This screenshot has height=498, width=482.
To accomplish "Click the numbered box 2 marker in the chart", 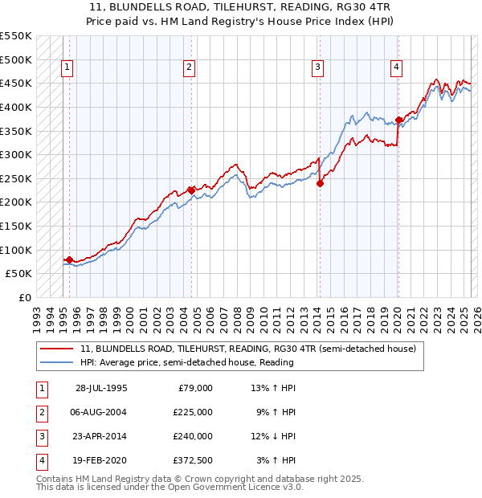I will [189, 67].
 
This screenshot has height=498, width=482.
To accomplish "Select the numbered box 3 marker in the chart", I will [318, 67].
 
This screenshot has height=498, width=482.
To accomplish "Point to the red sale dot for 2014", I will [320, 183].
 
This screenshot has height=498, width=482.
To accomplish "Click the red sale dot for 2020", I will [398, 120].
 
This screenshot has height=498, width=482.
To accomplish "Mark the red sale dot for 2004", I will [191, 190].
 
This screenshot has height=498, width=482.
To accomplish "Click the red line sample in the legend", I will [56, 349].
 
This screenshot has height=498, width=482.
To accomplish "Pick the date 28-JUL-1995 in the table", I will [101, 388].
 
